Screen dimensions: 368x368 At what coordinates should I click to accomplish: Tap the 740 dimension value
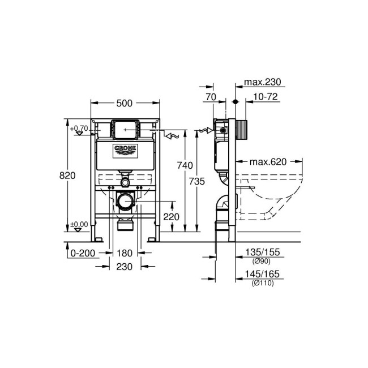pyautogui.click(x=185, y=165)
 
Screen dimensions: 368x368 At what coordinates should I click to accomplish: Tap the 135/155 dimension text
pyautogui.click(x=263, y=252)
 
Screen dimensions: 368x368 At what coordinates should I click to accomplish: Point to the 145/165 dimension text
pyautogui.click(x=263, y=274)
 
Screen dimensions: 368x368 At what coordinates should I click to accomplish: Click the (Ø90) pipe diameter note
pyautogui.click(x=263, y=261)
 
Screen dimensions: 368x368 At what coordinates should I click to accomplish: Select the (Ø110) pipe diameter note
pyautogui.click(x=263, y=283)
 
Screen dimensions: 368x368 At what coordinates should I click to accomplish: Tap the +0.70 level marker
pyautogui.click(x=80, y=129)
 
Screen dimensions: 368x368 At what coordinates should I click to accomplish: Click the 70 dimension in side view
pyautogui.click(x=211, y=97)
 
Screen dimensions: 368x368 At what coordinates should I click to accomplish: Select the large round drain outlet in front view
pyautogui.click(x=125, y=200)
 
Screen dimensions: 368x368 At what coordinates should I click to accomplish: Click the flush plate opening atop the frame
pyautogui.click(x=125, y=129)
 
